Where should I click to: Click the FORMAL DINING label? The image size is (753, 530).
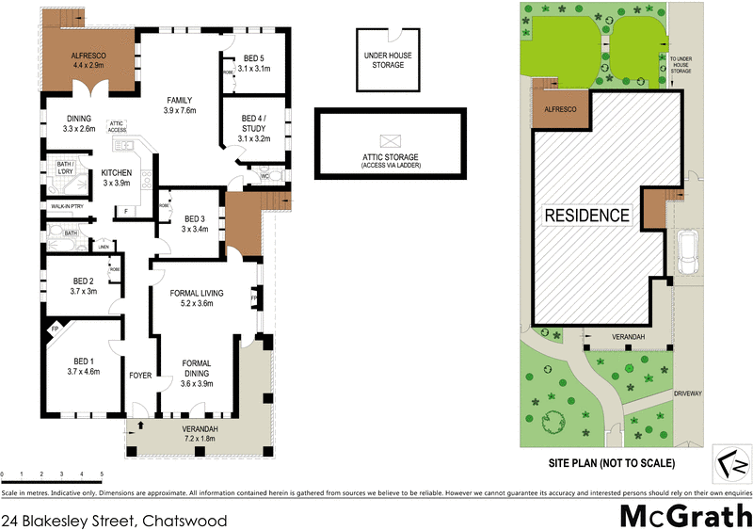click(x=197, y=363)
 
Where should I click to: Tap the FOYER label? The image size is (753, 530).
click(x=141, y=375)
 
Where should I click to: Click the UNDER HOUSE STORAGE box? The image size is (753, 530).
click(x=385, y=60)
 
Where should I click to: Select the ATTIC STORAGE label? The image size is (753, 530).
click(x=389, y=157)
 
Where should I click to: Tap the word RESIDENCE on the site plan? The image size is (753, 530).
click(x=587, y=215)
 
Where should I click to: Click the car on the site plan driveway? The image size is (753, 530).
click(x=688, y=251)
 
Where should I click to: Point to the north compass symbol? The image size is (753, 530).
click(x=731, y=464)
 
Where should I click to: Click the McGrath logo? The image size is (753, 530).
click(x=684, y=515)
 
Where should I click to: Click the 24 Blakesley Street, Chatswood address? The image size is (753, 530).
click(x=114, y=519)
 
